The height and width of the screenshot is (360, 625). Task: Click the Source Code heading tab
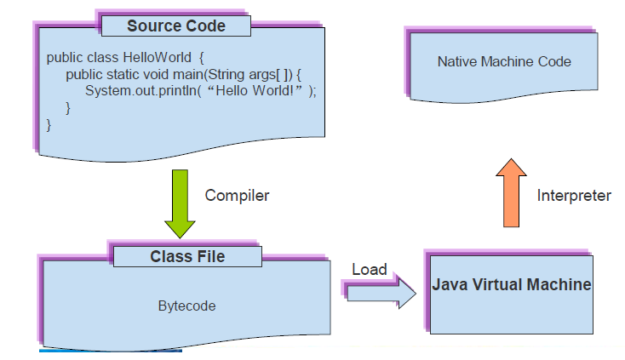click(176, 26)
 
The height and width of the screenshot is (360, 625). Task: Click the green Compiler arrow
click(181, 203)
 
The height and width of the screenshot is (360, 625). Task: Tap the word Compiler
click(237, 196)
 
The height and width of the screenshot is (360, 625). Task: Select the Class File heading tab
click(186, 255)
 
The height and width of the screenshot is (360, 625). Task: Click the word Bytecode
click(186, 306)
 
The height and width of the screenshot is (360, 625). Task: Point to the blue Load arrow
click(380, 293)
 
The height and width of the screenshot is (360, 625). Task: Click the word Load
click(370, 270)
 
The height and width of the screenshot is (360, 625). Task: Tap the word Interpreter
click(573, 196)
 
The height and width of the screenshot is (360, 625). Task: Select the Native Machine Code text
click(504, 61)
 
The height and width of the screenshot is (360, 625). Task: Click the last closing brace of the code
click(49, 125)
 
